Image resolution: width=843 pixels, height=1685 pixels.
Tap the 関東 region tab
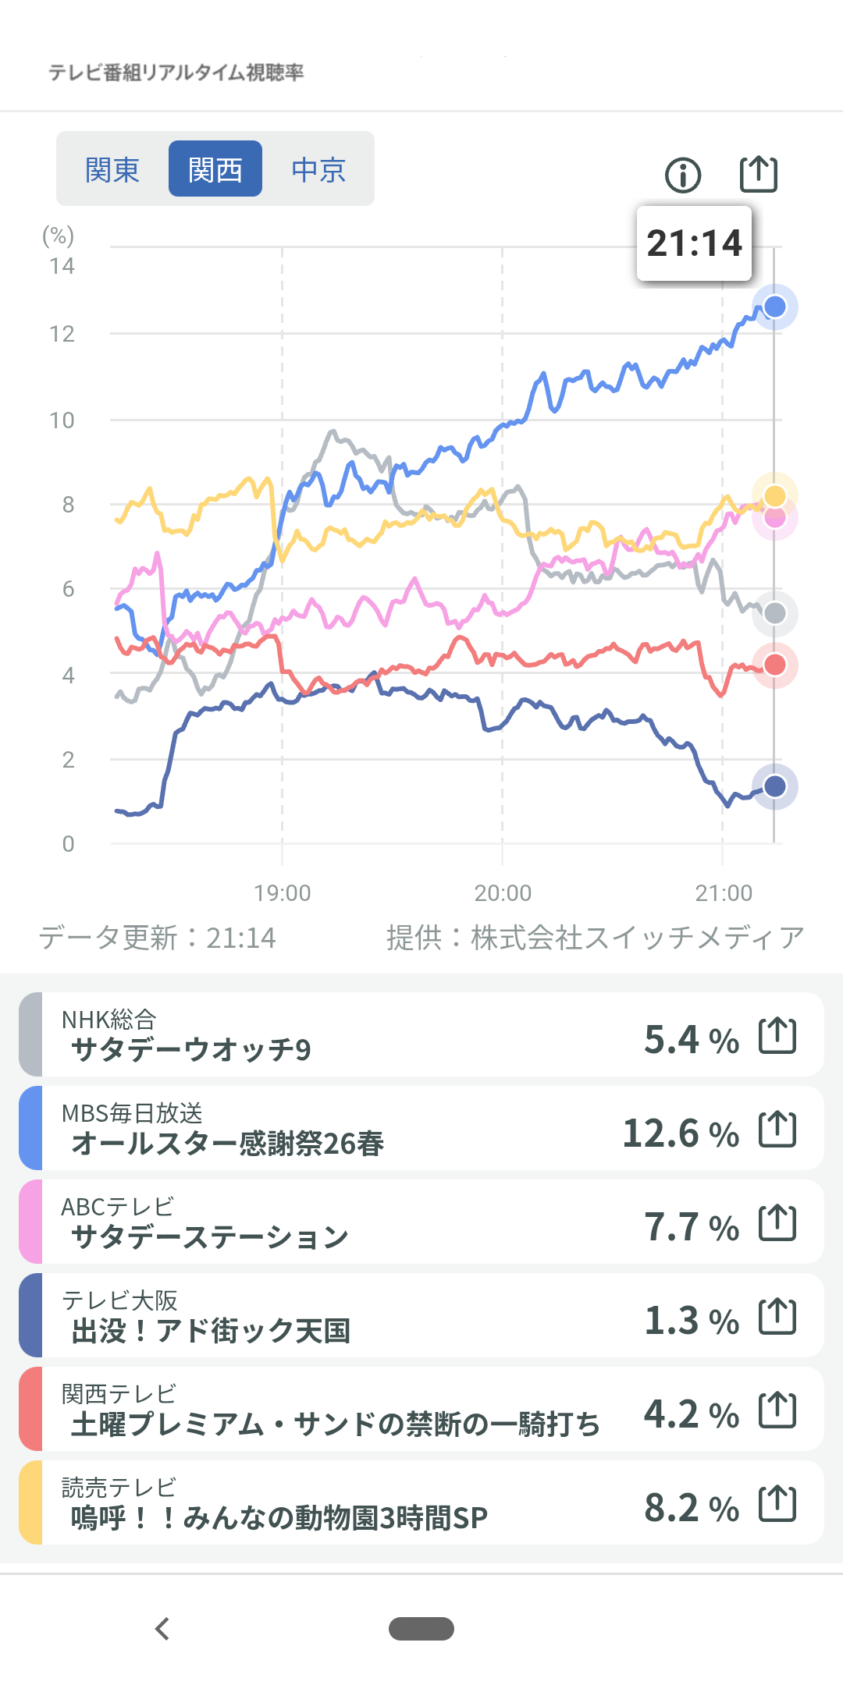click(x=112, y=169)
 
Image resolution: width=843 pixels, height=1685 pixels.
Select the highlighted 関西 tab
click(x=215, y=169)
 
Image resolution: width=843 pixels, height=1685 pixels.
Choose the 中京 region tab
click(x=318, y=169)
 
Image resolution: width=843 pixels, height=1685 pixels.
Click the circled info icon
click(x=683, y=175)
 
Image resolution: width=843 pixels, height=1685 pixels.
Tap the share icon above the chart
click(x=759, y=174)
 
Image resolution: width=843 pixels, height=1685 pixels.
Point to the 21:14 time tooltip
click(x=694, y=243)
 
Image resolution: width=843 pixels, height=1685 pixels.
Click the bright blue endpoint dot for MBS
click(x=775, y=307)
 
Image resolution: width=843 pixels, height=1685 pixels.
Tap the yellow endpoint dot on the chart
click(x=775, y=495)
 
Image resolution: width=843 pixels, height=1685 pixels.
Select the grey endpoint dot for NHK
click(x=775, y=614)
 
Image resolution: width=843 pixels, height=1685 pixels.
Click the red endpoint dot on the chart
click(x=775, y=665)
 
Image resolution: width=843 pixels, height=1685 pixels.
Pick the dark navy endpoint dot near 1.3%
click(x=775, y=786)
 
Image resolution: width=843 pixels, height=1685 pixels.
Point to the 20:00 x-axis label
click(x=503, y=892)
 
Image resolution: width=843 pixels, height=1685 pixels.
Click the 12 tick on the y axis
click(x=62, y=334)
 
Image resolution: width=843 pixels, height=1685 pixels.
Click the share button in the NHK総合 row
click(x=777, y=1036)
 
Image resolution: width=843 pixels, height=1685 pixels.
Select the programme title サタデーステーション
click(x=209, y=1236)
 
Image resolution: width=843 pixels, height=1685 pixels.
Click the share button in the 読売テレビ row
click(x=777, y=1504)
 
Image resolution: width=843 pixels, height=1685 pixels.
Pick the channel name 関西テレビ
click(x=119, y=1393)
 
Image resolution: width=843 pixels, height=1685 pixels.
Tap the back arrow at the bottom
click(x=162, y=1629)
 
